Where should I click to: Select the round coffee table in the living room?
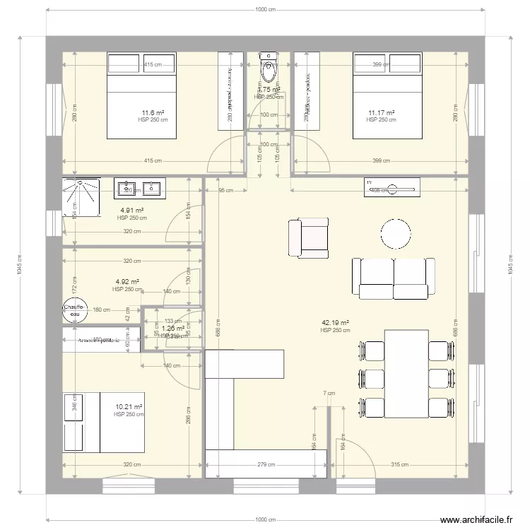tap(396, 234)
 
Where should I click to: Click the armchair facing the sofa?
tap(309, 237)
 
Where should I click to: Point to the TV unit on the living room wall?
tap(391, 188)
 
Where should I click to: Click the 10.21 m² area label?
tap(129, 407)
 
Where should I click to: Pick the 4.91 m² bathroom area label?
tap(132, 211)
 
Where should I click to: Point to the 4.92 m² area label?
tap(127, 281)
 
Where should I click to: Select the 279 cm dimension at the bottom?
tap(266, 464)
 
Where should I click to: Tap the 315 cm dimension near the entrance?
tap(400, 464)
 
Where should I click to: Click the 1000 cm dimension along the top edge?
tap(265, 9)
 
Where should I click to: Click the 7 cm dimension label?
tap(329, 393)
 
